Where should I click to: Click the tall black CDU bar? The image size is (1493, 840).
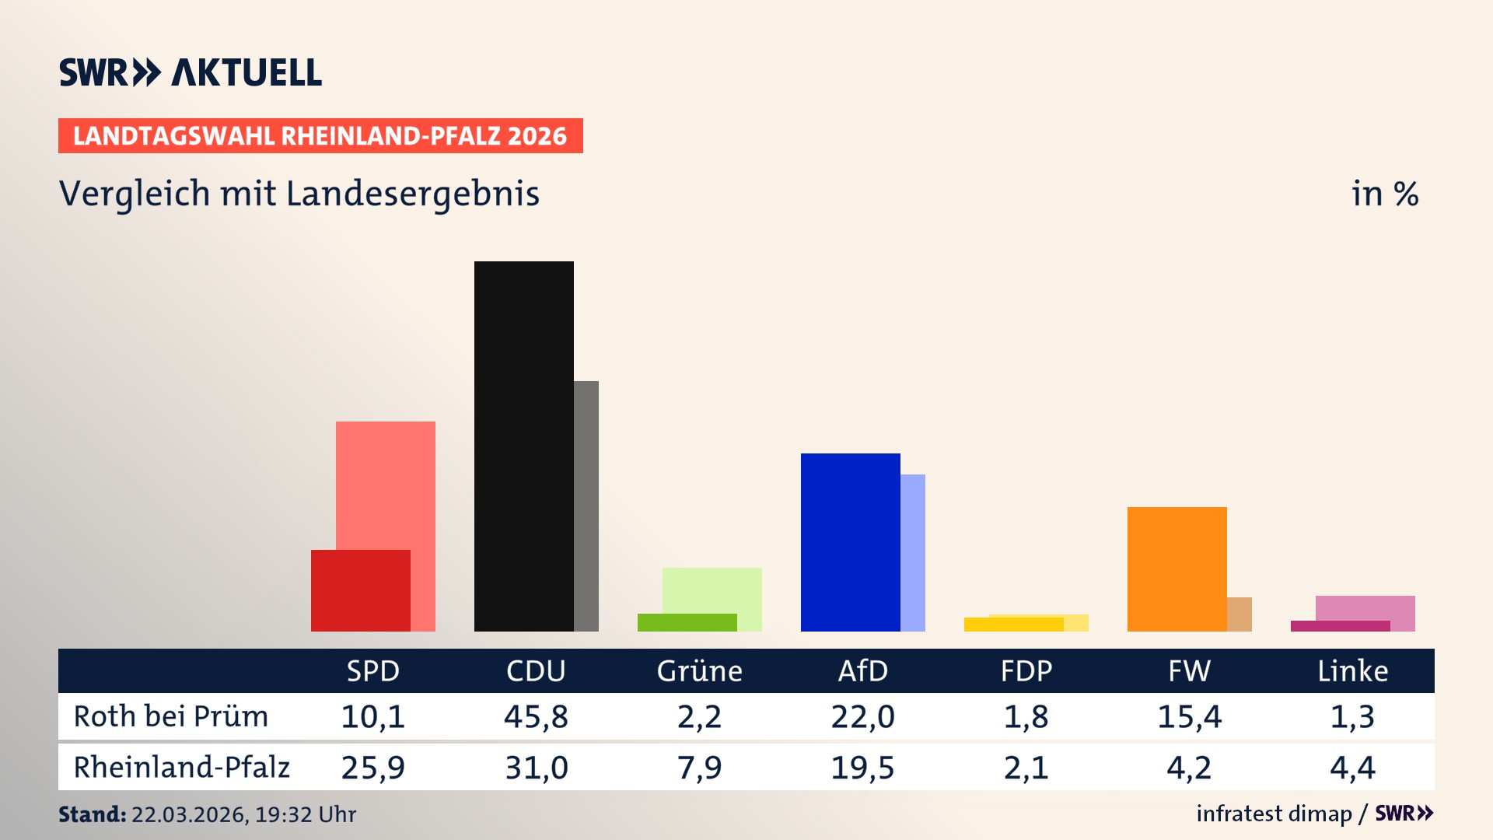point(523,446)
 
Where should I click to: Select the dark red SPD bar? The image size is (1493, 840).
point(360,590)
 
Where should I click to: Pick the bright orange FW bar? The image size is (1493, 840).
point(1177,569)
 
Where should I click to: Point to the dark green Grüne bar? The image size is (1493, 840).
point(687,622)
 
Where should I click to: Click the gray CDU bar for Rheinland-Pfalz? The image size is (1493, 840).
point(586,506)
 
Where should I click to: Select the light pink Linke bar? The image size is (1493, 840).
point(1365,607)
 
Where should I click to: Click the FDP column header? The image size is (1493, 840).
point(1026,670)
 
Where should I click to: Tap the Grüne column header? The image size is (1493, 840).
point(699,670)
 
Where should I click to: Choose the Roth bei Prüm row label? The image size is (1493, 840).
point(170,716)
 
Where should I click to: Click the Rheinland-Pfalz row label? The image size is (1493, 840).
point(181,767)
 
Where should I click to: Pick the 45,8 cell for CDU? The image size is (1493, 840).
point(536,716)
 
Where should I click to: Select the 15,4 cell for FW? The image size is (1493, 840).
point(1189,716)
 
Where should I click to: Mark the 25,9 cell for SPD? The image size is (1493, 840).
point(372,768)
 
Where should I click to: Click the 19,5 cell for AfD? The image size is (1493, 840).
point(862,768)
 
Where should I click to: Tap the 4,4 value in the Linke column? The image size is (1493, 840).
point(1352,768)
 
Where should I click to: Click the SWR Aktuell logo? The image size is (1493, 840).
point(190,72)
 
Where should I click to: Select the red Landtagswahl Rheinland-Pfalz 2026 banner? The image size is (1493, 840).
point(320,136)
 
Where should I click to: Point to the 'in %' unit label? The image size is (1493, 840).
point(1384,194)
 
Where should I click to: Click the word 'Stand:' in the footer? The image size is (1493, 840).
point(92,814)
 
